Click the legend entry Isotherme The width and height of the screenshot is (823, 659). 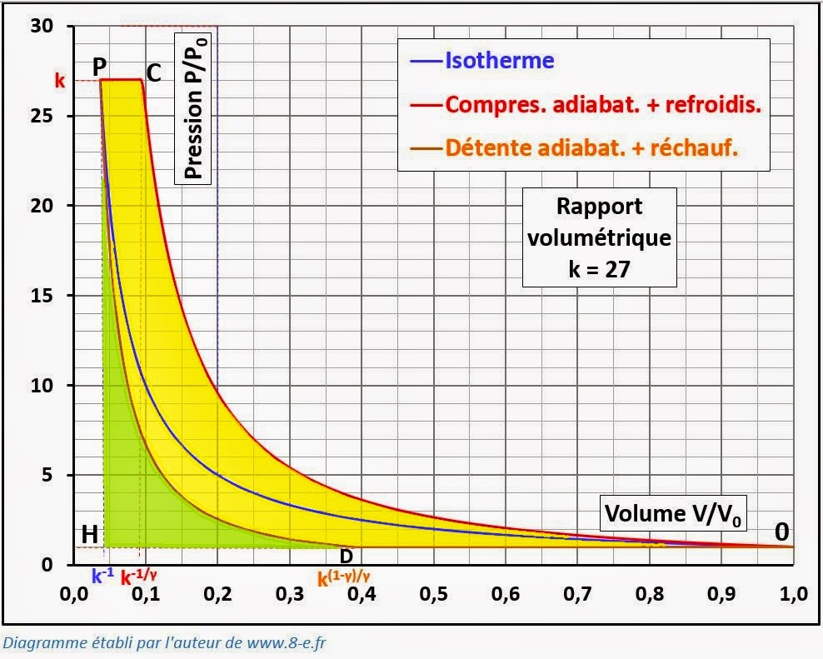(x=500, y=60)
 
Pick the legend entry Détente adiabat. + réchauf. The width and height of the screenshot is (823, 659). (x=593, y=147)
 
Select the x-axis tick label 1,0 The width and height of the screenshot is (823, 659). (x=793, y=596)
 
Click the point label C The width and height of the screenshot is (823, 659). (x=153, y=72)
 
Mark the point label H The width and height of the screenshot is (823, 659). (x=89, y=534)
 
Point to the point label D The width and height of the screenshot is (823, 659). (x=347, y=555)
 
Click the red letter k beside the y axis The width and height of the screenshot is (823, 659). (x=59, y=82)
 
